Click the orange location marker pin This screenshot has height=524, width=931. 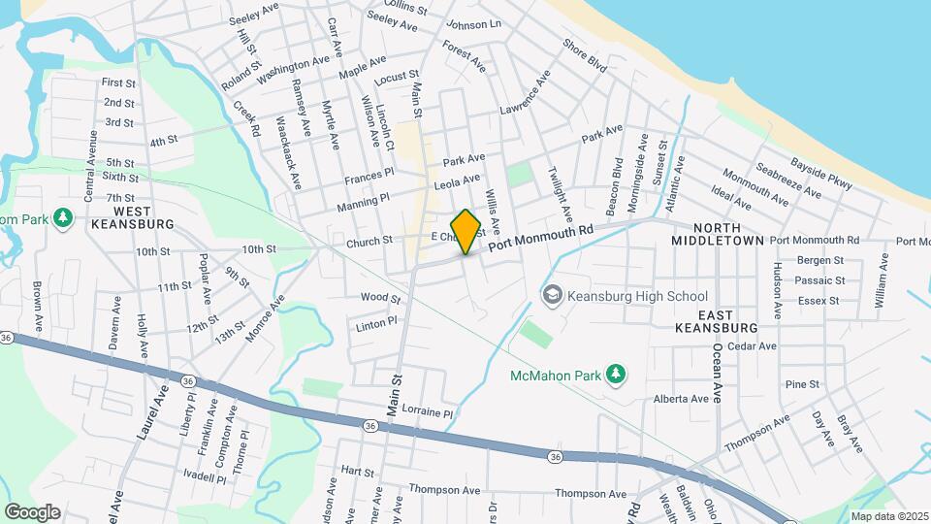[x=466, y=231]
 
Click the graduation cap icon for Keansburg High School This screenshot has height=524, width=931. [x=552, y=295]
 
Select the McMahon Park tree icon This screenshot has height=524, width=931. [x=615, y=374]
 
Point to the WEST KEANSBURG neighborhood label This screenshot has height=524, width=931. [x=131, y=217]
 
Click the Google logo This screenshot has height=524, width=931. [x=32, y=511]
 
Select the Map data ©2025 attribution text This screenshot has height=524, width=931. [x=889, y=516]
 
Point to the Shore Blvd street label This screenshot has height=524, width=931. [x=584, y=55]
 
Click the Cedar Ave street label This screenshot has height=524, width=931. [x=752, y=345]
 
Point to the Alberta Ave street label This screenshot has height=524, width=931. [x=680, y=399]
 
